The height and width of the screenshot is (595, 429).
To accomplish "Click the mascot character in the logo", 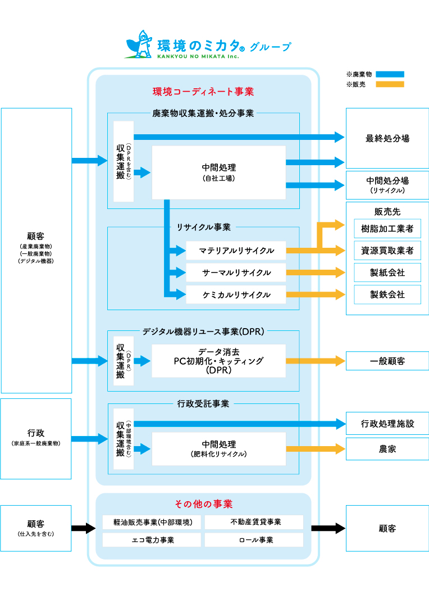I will [x=139, y=44].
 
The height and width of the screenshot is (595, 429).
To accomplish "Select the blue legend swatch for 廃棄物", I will [x=390, y=74].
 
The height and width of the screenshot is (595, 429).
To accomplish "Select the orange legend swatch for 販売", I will [x=390, y=84].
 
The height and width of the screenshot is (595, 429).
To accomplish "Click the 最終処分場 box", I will [x=387, y=138].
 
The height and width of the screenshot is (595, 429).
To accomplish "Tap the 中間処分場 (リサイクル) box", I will [x=387, y=185].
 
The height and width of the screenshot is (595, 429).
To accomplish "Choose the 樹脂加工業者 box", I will [x=387, y=229].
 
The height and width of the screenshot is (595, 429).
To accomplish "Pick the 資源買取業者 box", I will [x=387, y=251].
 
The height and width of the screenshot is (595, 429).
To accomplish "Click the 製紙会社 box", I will [x=387, y=272].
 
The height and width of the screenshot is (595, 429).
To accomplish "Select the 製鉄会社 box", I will [x=387, y=294].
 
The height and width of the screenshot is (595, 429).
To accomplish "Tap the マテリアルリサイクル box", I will [x=236, y=251].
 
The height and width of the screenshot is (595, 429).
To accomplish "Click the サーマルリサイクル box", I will [x=236, y=272].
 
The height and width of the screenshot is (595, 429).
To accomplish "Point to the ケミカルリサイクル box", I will [x=236, y=294].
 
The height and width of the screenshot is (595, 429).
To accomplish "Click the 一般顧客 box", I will [x=387, y=361].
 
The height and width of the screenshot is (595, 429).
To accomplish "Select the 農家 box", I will [x=387, y=449].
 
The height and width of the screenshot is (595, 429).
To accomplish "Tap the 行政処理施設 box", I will [x=387, y=424].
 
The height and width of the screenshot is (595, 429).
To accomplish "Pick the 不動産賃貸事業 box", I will [x=254, y=522].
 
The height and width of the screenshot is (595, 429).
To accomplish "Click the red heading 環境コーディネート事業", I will [x=203, y=91].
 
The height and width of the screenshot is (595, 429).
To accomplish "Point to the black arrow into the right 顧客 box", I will [x=328, y=528].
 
